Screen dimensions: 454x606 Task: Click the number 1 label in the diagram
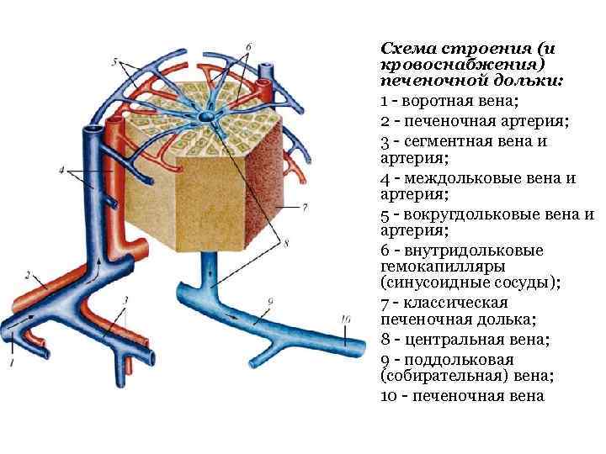pyautogui.click(x=12, y=362)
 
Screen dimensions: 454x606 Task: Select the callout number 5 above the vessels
pyautogui.click(x=115, y=61)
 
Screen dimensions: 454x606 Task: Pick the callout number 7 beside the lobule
pyautogui.click(x=305, y=205)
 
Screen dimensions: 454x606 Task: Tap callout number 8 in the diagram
pyautogui.click(x=286, y=244)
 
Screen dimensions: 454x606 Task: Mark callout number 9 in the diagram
pyautogui.click(x=269, y=300)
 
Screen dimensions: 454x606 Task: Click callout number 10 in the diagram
pyautogui.click(x=346, y=319)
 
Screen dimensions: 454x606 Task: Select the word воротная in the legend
pyautogui.click(x=439, y=102)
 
